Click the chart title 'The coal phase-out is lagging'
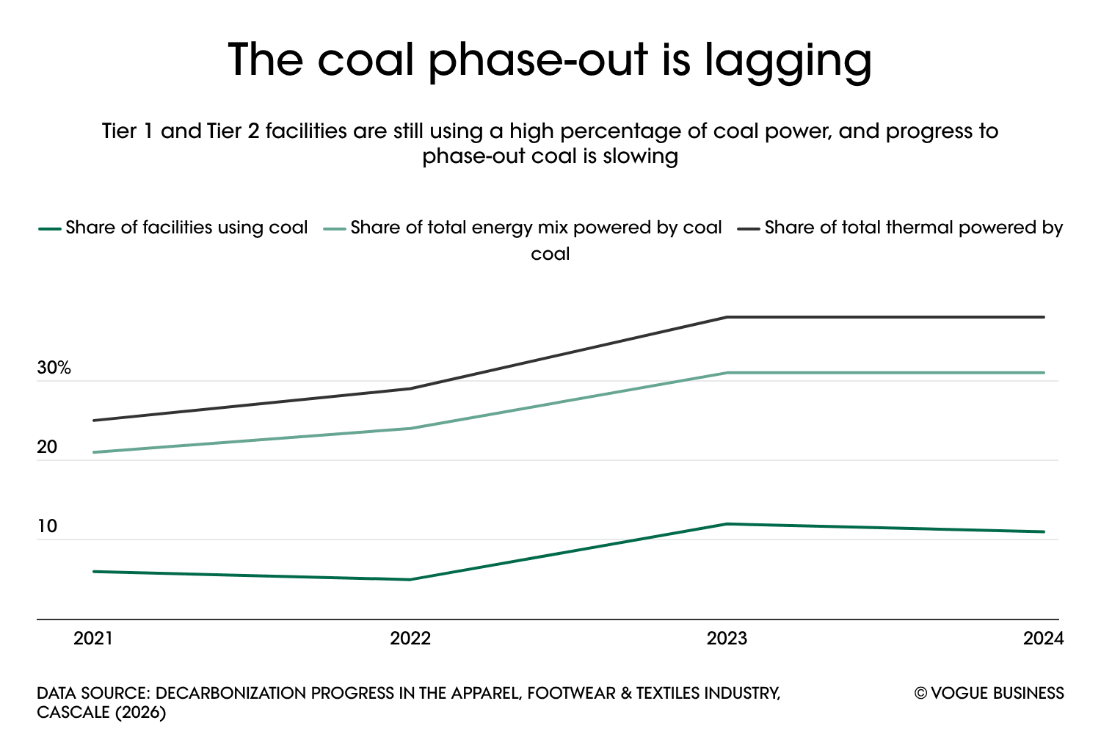[x=550, y=60]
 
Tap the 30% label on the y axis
[x=54, y=368]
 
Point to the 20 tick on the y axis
[x=47, y=447]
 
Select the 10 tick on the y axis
[x=47, y=526]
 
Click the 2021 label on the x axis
[x=93, y=639]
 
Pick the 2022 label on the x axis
[x=410, y=639]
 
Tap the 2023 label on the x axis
[x=727, y=639]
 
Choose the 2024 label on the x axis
[x=1043, y=639]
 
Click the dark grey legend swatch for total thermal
[x=748, y=228]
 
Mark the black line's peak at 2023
[x=727, y=317]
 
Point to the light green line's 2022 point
[x=410, y=428]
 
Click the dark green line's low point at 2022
[x=410, y=580]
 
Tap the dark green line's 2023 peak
[x=727, y=524]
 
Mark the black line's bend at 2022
[x=410, y=388]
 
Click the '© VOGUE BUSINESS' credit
[x=989, y=694]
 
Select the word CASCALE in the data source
[x=71, y=713]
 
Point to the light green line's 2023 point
[x=727, y=373]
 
